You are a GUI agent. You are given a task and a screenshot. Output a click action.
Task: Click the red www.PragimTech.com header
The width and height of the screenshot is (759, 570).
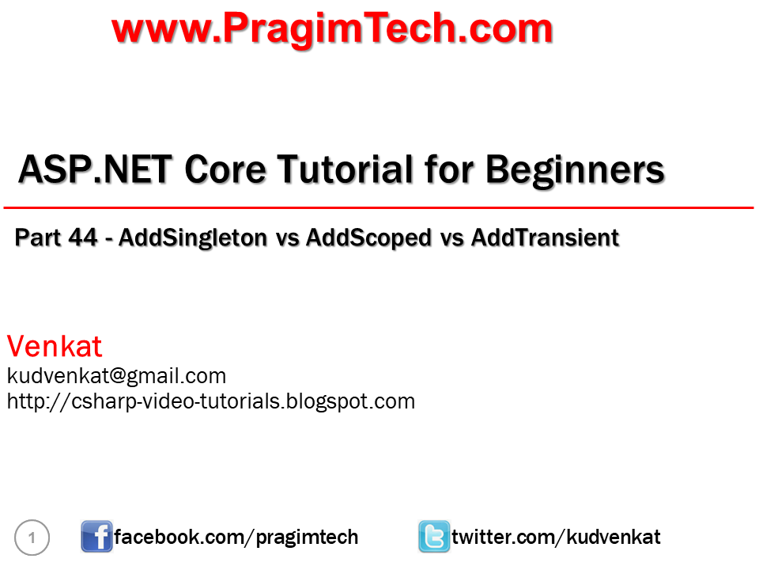click(x=332, y=30)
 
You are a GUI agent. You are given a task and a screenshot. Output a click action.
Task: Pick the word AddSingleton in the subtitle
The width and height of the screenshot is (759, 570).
click(x=192, y=237)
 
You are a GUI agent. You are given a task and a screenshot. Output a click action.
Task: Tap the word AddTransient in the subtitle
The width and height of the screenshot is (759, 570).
click(x=545, y=237)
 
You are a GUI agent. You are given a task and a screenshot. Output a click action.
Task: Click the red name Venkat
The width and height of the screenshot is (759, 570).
click(x=55, y=346)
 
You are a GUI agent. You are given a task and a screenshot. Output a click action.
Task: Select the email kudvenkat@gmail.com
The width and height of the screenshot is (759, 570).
click(x=116, y=375)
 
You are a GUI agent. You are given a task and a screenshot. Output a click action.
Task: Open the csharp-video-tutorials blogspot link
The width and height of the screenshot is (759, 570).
click(x=210, y=401)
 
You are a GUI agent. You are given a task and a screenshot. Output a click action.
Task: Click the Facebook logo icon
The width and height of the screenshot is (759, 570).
click(x=96, y=538)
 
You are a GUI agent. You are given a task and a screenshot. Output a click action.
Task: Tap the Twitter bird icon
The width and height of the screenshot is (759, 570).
click(x=433, y=538)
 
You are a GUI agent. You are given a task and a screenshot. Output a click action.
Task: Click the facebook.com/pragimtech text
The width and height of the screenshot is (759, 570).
click(x=236, y=538)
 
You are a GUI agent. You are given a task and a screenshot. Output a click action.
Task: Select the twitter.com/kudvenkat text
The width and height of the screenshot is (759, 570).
click(x=556, y=538)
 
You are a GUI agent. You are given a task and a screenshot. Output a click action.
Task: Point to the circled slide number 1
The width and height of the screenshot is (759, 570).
click(x=32, y=538)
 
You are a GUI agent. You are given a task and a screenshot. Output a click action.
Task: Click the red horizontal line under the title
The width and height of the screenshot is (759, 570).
click(x=379, y=207)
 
